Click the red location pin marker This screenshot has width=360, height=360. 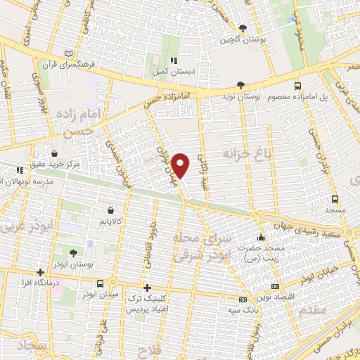(x=181, y=165)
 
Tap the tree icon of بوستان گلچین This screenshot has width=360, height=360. (x=243, y=28)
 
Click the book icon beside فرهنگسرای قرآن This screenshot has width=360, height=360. (x=68, y=53)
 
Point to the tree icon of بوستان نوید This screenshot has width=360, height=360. (x=241, y=84)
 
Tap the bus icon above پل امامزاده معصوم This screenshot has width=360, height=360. (x=297, y=84)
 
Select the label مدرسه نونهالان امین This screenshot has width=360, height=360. (x=31, y=181)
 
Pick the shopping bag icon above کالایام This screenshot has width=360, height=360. (x=111, y=210)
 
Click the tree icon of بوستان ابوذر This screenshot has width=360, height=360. (x=73, y=252)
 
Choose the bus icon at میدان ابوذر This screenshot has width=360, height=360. (x=101, y=283)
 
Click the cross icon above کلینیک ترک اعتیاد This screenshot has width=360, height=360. (x=147, y=287)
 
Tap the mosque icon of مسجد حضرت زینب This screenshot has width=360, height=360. (x=261, y=238)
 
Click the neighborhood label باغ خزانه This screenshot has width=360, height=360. (x=247, y=152)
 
